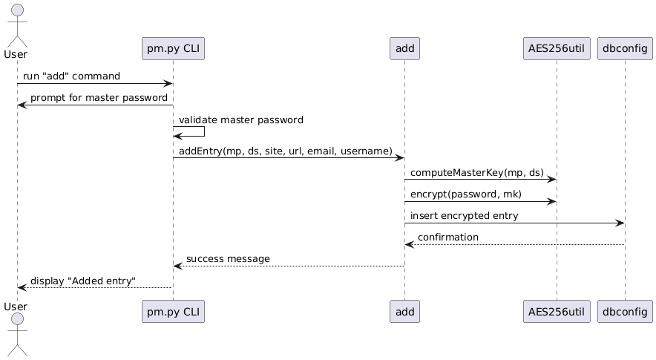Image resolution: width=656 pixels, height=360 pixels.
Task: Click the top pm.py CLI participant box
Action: point(173,49)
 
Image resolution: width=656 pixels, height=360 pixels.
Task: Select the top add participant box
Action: point(404,49)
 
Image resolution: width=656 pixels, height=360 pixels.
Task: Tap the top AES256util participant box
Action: point(556,49)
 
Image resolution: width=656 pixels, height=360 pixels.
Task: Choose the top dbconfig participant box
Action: point(625,49)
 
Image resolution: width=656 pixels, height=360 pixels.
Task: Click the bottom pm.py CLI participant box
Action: point(173,312)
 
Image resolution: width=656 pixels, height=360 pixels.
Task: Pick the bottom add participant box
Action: point(404,312)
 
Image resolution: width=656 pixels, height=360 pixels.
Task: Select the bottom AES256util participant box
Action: point(556,312)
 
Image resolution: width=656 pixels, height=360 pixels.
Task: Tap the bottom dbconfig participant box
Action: point(625,312)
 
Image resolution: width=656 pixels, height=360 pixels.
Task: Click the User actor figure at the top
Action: point(16,26)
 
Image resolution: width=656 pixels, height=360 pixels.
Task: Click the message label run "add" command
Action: point(71,76)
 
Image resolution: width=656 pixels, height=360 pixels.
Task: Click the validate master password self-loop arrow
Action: point(203,132)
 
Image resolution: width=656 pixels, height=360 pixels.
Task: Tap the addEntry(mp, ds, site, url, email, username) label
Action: point(286,151)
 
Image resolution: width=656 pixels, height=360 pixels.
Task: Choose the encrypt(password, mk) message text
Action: point(466,194)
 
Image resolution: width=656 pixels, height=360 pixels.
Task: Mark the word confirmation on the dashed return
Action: point(448,237)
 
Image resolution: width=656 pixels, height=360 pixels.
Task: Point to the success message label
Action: point(228,258)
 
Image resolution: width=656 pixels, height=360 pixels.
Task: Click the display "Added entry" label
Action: point(83,281)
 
